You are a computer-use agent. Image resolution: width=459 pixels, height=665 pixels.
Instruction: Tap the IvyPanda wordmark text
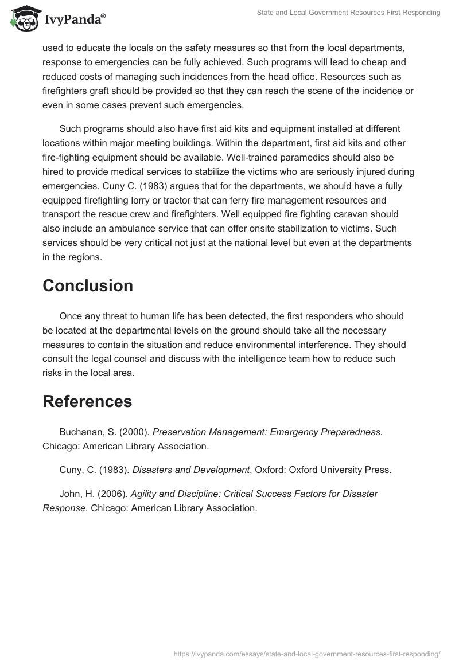pos(75,19)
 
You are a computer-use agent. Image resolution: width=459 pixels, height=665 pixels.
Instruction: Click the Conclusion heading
pos(88,285)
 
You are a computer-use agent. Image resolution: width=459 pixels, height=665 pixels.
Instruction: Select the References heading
pos(87,402)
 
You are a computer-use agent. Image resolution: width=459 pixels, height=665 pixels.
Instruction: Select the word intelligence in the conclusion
pos(269,359)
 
